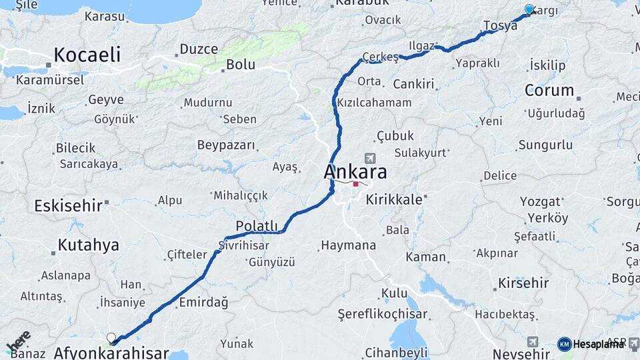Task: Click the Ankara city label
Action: pyautogui.click(x=355, y=171)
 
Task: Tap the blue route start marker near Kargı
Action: pyautogui.click(x=529, y=9)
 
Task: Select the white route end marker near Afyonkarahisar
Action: pyautogui.click(x=111, y=338)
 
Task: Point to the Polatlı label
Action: pyautogui.click(x=257, y=226)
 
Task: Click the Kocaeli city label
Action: pyautogui.click(x=87, y=55)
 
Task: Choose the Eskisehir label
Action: pyautogui.click(x=69, y=205)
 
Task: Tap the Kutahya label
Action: pyautogui.click(x=88, y=245)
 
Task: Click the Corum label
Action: pyautogui.click(x=549, y=90)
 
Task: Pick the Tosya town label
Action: pyautogui.click(x=500, y=26)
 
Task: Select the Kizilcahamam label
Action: pyautogui.click(x=374, y=103)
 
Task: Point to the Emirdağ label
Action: pyautogui.click(x=203, y=303)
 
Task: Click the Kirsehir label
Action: pyautogui.click(x=523, y=283)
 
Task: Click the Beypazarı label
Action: pyautogui.click(x=226, y=145)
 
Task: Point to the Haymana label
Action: pyautogui.click(x=349, y=245)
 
